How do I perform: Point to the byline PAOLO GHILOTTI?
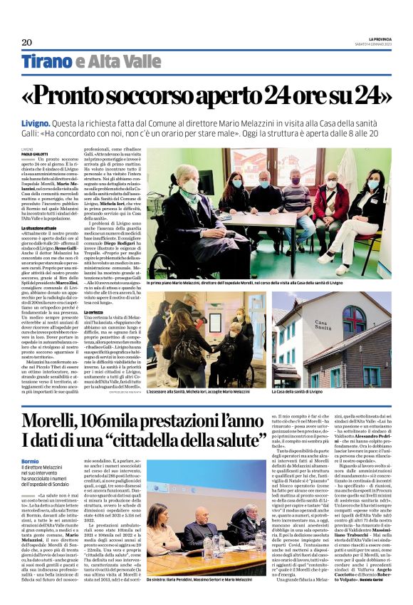(35, 154)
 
